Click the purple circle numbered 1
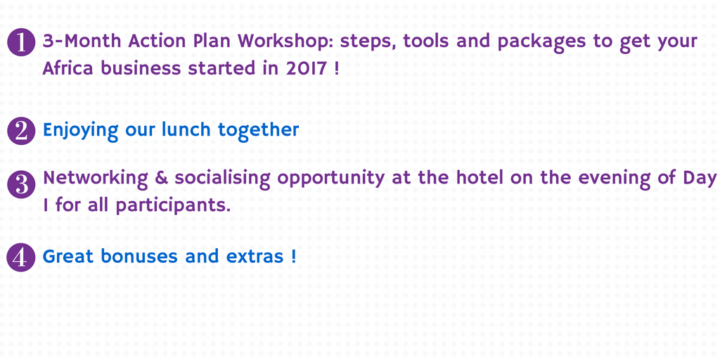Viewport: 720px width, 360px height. point(21,42)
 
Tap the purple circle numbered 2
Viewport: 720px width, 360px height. point(21,131)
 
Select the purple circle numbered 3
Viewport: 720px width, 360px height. point(21,185)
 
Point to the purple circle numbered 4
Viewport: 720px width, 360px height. point(21,257)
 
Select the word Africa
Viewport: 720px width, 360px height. point(68,68)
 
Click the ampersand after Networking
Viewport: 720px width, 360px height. point(161,178)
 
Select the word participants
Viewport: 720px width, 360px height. point(173,205)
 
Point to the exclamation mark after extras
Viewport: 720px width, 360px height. point(293,256)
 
